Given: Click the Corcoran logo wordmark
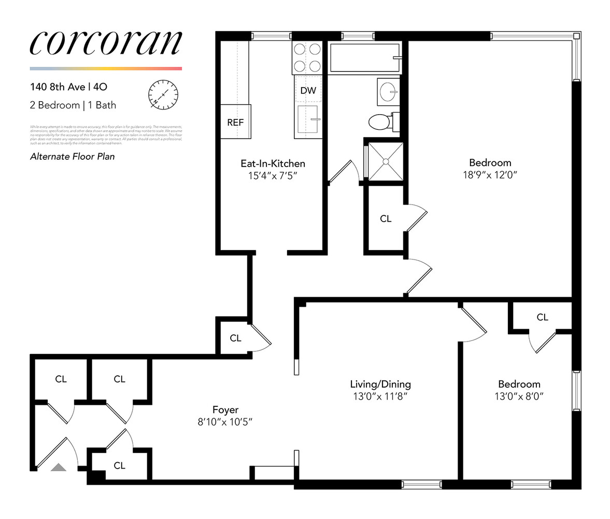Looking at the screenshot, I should (x=106, y=43).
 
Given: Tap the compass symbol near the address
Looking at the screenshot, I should (x=163, y=95).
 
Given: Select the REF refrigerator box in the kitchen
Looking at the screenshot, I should (x=235, y=122).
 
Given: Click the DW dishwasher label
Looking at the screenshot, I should (x=308, y=90).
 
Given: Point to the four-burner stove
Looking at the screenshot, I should (x=307, y=57).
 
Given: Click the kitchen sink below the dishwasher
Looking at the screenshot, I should (x=307, y=121).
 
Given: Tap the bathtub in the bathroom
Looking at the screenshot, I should (x=365, y=58).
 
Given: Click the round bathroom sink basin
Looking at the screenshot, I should (x=388, y=92).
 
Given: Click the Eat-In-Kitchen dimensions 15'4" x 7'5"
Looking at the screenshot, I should (x=272, y=176).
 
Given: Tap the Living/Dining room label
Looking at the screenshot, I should (x=380, y=384).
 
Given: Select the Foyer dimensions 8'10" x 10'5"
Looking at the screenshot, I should (x=225, y=422).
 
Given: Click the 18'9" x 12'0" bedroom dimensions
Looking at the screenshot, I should (x=490, y=175).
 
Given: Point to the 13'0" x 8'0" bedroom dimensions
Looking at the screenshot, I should (x=519, y=397).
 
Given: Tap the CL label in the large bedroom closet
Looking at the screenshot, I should (x=386, y=218).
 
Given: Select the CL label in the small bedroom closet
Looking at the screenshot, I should (x=542, y=317).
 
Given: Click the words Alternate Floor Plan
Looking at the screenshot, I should (x=73, y=156).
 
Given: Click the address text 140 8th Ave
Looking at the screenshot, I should (x=57, y=87).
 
